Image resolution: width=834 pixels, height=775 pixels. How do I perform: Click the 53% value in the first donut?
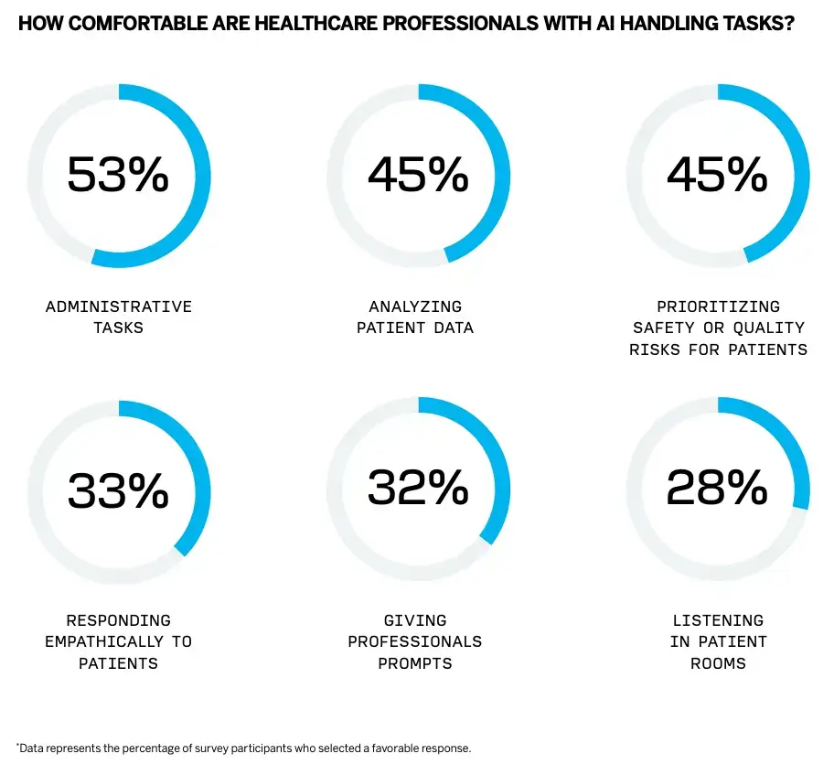[x=118, y=174]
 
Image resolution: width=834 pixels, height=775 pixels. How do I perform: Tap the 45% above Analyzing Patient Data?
[x=418, y=174]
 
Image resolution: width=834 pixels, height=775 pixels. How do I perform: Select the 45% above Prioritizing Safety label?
[x=718, y=174]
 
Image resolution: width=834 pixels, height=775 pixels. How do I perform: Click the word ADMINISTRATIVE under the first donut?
[x=119, y=307]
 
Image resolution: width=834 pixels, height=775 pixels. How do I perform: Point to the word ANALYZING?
[x=415, y=307]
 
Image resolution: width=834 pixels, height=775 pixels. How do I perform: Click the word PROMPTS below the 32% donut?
[x=415, y=662]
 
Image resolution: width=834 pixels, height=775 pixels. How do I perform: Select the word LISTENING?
[x=718, y=620]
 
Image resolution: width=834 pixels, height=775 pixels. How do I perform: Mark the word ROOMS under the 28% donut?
[x=718, y=662]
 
